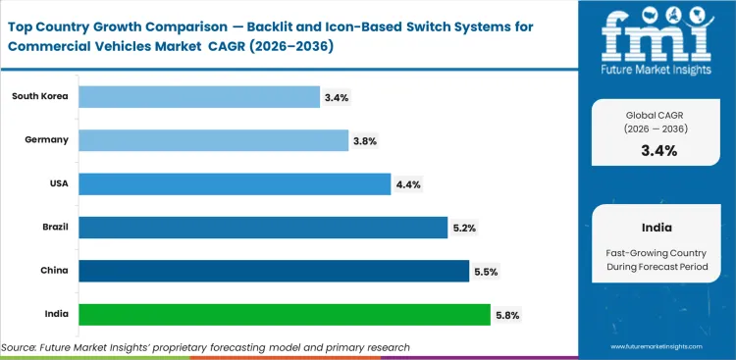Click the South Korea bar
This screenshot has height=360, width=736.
[198, 97]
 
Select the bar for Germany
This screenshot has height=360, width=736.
[213, 140]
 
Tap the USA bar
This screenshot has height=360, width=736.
[235, 184]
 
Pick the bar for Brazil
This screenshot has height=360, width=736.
[263, 228]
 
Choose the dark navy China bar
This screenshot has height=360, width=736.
[273, 271]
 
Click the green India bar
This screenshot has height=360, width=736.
[284, 315]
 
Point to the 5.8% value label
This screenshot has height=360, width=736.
[507, 315]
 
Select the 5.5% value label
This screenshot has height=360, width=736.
[486, 272]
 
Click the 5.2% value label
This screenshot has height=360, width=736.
[465, 228]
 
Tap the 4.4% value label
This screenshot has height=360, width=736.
[408, 184]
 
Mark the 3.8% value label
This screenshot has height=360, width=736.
[365, 141]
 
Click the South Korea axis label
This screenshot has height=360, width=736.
[40, 96]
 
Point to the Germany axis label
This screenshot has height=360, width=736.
[47, 139]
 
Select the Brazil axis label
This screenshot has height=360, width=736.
[53, 227]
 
